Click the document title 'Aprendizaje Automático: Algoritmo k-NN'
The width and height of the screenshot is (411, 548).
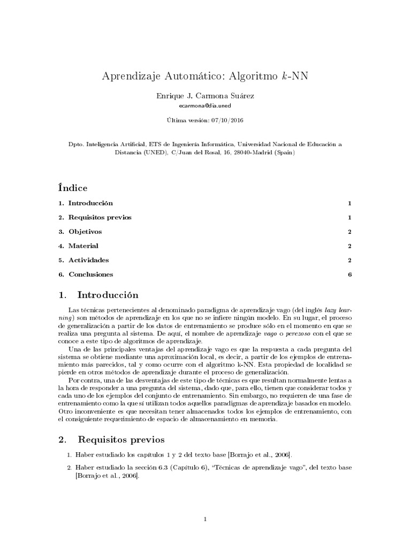click(205, 76)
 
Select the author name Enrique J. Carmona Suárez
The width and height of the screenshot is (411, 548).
click(205, 96)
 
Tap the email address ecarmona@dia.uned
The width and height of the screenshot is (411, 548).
click(205, 106)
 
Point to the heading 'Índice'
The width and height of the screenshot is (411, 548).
click(72, 188)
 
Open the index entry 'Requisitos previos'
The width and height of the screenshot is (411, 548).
click(100, 217)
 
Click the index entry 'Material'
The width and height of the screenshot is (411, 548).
click(83, 246)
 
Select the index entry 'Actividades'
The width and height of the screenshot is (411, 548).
click(88, 260)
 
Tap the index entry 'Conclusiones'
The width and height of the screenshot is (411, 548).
click(90, 275)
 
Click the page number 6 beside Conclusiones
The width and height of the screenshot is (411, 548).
click(349, 275)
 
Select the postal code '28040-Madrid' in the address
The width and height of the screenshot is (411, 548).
click(243, 152)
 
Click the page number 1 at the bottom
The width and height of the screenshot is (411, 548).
click(205, 519)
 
